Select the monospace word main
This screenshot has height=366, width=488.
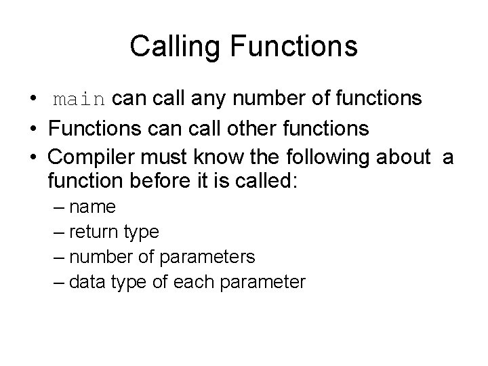tap(79, 100)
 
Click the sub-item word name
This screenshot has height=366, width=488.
tap(92, 207)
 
